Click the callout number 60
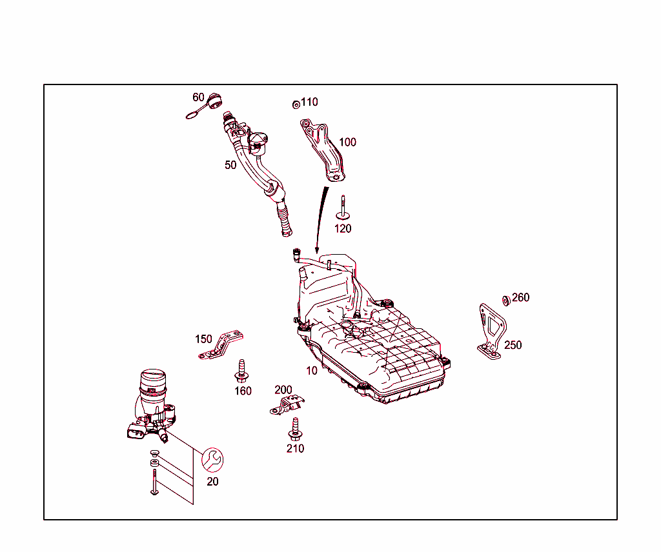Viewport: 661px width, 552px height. coord(198,97)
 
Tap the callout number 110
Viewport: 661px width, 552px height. coord(309,102)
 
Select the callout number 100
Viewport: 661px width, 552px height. coord(348,143)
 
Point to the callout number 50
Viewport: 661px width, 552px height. coord(230,165)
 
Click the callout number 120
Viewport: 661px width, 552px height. coord(343,229)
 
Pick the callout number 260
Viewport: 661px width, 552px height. coord(521,298)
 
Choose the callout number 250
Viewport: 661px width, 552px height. coord(513,345)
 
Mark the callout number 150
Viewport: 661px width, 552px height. coord(203,339)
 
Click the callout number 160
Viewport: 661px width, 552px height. coord(243,391)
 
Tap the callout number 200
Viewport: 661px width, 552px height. coord(283,390)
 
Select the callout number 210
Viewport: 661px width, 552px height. coord(295,449)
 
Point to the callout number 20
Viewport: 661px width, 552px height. coord(212,482)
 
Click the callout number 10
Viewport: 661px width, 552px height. coord(312,371)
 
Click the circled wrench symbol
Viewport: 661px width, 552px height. coord(212,460)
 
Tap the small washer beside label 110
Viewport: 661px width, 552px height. coord(296,104)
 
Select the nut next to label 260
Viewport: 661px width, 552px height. coord(506,301)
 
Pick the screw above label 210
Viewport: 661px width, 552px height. coord(295,429)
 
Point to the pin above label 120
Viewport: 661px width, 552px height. coord(343,208)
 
